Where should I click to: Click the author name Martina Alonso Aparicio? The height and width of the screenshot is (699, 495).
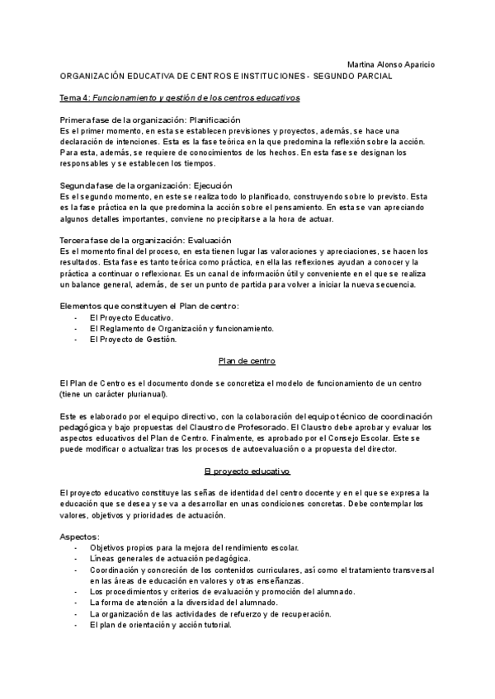[393, 63]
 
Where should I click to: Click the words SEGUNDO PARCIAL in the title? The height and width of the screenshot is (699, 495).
[353, 75]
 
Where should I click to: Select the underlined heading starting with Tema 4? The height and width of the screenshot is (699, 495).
[179, 97]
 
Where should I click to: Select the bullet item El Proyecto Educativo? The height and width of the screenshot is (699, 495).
[131, 317]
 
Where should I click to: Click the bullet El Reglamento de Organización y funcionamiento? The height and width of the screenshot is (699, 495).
[181, 328]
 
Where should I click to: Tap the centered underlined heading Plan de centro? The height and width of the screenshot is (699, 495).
[247, 361]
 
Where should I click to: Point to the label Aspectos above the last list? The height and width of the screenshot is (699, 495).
[80, 537]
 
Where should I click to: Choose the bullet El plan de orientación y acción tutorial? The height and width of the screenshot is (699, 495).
[161, 625]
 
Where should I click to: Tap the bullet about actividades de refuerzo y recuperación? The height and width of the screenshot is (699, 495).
[210, 614]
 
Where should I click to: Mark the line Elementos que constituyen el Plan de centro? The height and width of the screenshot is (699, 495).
[149, 306]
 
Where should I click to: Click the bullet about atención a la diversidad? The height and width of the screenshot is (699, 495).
[183, 603]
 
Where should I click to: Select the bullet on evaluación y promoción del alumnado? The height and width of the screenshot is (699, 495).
[223, 592]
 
